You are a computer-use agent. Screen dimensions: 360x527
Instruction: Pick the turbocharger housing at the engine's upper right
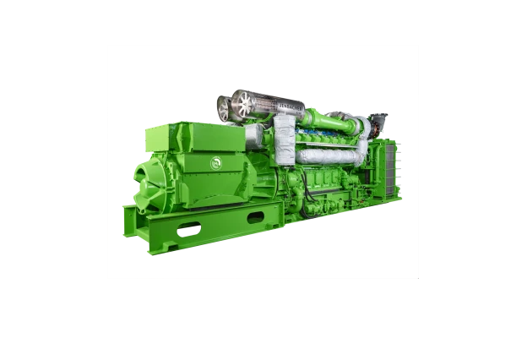(x=364, y=126)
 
